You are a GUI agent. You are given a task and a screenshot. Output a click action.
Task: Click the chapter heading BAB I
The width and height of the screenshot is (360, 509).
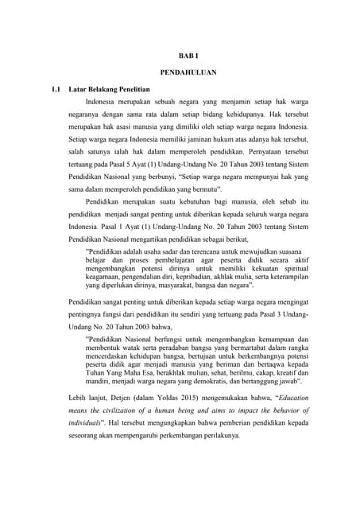[x=184, y=56]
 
